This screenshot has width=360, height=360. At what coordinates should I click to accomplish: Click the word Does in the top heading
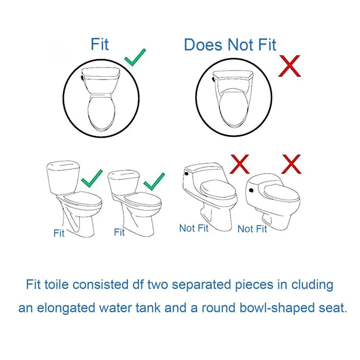point(204,45)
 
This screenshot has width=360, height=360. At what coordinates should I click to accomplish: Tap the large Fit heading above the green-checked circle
point(99,44)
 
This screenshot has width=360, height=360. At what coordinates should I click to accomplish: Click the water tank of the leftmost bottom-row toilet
point(63,175)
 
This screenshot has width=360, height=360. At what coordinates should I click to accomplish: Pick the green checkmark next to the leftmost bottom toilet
point(92,178)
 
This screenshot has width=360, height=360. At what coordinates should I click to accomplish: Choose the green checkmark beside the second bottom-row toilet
point(154,181)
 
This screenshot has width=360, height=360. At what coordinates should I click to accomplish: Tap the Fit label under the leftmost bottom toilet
point(59,233)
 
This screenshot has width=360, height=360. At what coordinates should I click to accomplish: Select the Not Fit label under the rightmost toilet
point(252,229)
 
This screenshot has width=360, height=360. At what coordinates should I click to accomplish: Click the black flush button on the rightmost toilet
point(251,191)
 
